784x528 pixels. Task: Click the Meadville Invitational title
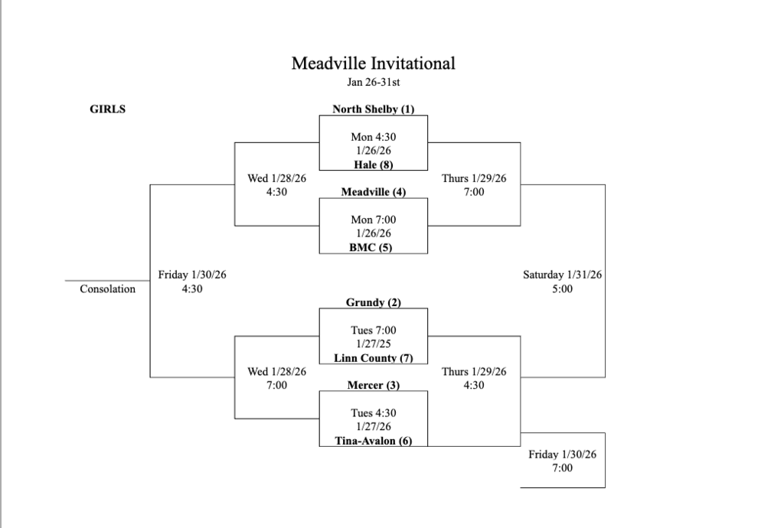pos(373,64)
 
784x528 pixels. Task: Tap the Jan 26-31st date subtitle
pos(373,82)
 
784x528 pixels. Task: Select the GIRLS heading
pos(108,109)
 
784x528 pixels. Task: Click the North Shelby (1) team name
pos(373,109)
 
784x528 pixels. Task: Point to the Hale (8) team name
pos(373,165)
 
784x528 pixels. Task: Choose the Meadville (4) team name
pos(373,192)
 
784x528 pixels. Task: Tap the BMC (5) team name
pos(373,247)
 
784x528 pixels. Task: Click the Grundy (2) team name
pos(373,302)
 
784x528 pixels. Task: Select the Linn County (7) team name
pos(373,358)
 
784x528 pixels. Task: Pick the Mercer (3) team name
pos(373,385)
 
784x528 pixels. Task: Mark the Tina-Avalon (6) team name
pos(373,441)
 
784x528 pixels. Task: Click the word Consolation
pos(107,289)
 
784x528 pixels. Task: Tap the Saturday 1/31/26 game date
pos(562,275)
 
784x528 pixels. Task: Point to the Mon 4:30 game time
pos(373,137)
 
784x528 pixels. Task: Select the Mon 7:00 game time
pos(373,220)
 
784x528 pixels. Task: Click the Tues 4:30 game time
pos(373,413)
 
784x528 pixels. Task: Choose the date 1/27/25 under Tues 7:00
pos(373,344)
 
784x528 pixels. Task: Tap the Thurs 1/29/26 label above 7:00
pos(474,178)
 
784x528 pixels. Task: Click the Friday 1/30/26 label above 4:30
pos(192,275)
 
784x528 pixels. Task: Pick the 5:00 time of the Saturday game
pos(562,289)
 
